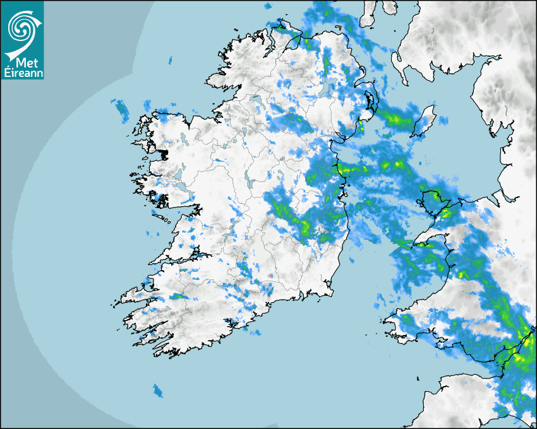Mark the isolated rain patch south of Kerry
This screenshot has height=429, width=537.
click(x=158, y=391)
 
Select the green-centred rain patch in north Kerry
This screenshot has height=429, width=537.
click(x=179, y=296)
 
